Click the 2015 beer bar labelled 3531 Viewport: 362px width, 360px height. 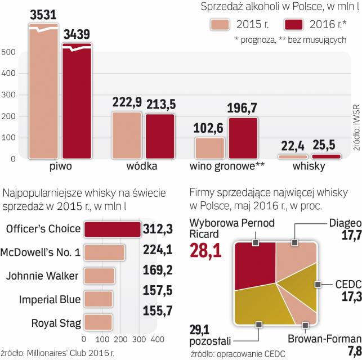pyautogui.click(x=43, y=96)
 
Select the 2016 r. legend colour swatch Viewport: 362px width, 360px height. pyautogui.click(x=294, y=25)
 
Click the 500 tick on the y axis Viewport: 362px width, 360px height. pyautogui.click(x=8, y=52)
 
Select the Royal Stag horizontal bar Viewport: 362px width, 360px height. pyautogui.click(x=98, y=322)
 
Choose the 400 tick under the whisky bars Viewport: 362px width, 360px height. pyautogui.click(x=157, y=340)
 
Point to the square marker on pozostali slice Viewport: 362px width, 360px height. pyautogui.click(x=258, y=324)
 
